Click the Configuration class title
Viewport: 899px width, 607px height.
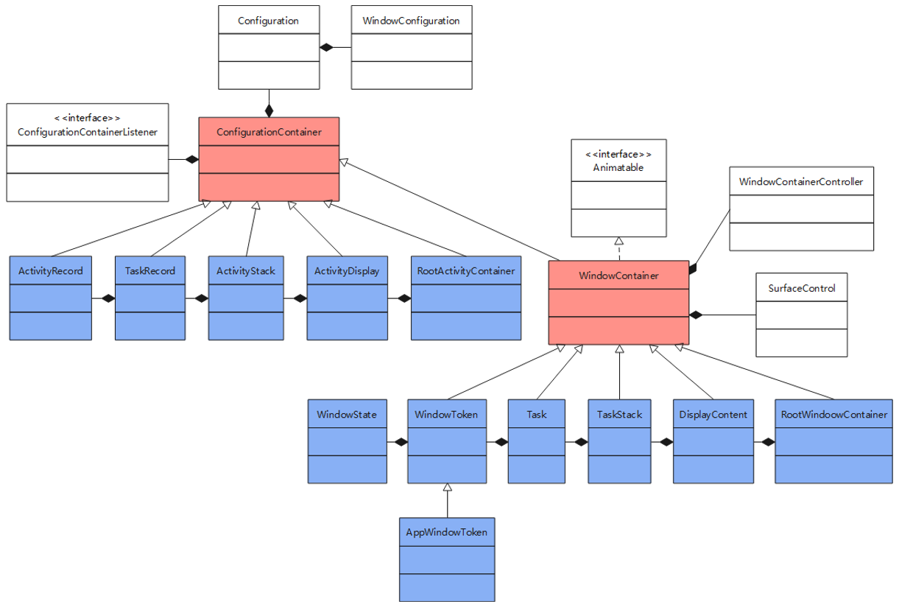268,21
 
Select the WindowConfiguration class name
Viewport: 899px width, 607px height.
411,21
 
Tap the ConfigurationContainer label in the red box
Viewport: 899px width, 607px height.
268,132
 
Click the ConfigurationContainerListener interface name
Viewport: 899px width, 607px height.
87,132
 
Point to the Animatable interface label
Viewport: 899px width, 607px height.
618,167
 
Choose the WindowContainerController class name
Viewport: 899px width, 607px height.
800,181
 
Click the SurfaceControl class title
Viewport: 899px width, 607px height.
801,288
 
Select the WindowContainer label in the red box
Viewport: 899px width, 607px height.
618,276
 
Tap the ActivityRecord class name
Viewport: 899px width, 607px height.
50,270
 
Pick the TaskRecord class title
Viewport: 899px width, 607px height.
149,270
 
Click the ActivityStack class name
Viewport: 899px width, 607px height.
245,270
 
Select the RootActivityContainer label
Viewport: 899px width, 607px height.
465,270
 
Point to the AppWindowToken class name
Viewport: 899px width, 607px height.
446,532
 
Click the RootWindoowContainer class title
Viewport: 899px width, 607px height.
833,414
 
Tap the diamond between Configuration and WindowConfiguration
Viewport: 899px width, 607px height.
326,48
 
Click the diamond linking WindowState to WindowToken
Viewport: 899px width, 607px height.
400,442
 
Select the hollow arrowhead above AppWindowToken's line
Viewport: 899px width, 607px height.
447,488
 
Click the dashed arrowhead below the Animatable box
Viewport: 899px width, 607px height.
619,241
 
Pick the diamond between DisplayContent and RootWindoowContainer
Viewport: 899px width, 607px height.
768,442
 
